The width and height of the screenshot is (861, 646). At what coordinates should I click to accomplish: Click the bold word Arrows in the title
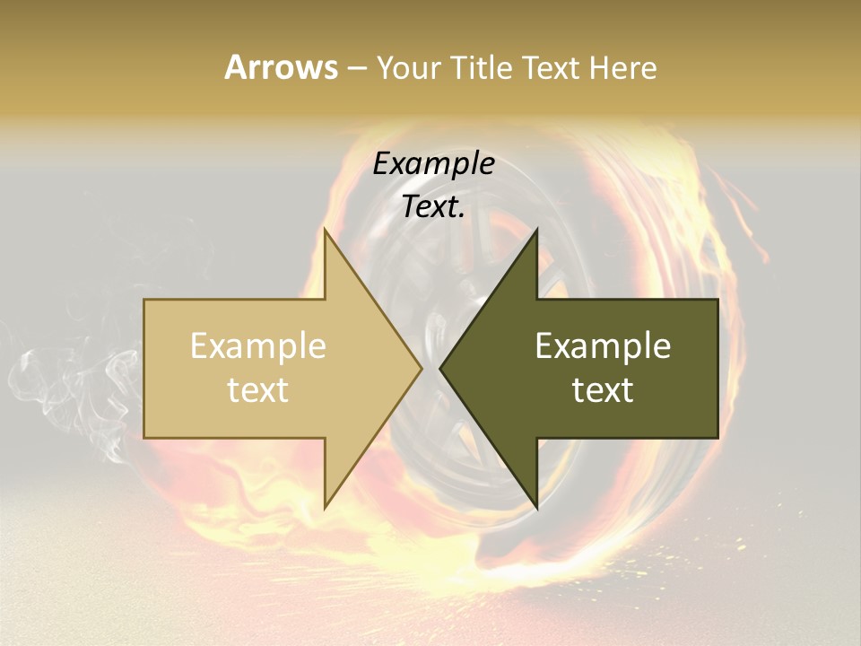[x=282, y=67]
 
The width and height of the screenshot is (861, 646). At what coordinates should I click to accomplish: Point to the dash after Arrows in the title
[x=356, y=69]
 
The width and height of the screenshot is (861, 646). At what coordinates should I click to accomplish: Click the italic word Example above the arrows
[x=434, y=163]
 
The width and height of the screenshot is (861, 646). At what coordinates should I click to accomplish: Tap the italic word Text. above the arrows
[x=434, y=207]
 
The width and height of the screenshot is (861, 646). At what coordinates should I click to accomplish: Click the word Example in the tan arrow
[x=258, y=346]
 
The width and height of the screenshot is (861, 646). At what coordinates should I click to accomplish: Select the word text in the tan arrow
[x=258, y=390]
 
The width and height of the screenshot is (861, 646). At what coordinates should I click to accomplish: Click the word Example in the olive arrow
[x=603, y=346]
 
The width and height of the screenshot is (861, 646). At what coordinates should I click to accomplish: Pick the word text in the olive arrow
[x=603, y=390]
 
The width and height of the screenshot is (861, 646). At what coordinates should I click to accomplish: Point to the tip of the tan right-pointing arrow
[x=422, y=368]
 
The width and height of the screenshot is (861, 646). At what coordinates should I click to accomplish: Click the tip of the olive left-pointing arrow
[x=440, y=368]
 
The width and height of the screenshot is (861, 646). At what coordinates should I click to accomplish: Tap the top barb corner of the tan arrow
[x=325, y=230]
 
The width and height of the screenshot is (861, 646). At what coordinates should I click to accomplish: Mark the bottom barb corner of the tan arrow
[x=325, y=507]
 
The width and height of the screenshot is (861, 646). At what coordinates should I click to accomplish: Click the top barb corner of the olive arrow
[x=536, y=230]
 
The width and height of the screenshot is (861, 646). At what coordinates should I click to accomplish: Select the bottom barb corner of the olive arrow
[x=536, y=507]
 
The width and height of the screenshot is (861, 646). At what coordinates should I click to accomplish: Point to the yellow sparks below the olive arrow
[x=717, y=547]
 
